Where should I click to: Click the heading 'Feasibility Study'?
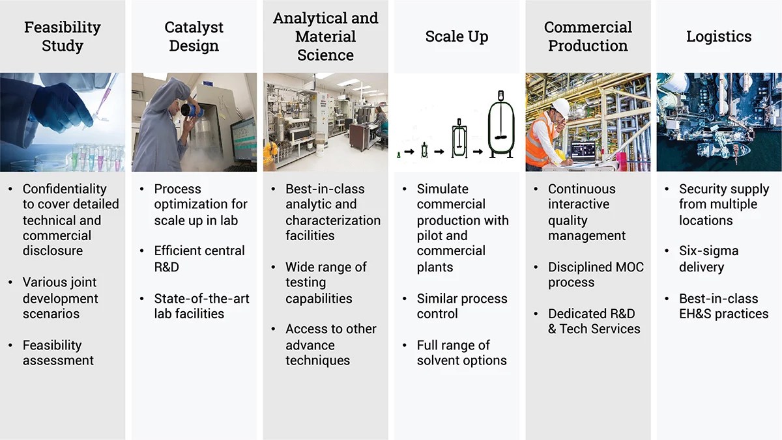[x=63, y=36]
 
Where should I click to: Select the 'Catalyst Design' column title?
[x=194, y=36]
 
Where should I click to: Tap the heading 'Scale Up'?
[x=456, y=36]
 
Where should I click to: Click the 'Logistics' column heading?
[x=718, y=36]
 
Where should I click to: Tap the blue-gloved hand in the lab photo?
[x=62, y=104]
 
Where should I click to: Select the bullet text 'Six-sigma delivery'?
[x=708, y=258]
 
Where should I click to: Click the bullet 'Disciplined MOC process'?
[x=595, y=275]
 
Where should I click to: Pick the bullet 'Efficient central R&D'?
[x=199, y=258]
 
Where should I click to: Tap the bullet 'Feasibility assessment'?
[x=58, y=352]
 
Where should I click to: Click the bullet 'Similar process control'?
[x=461, y=306]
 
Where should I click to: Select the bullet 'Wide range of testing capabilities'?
[x=325, y=282]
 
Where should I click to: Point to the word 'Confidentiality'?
[x=64, y=189]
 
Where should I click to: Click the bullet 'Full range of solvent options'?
[x=461, y=352]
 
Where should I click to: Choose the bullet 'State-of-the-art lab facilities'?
[x=201, y=306]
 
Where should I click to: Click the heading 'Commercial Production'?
[x=588, y=36]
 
